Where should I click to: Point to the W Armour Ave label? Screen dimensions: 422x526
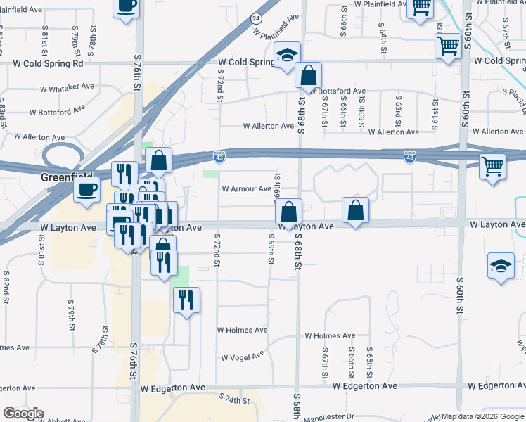[x=246, y=188]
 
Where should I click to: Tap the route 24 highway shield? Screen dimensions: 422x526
[x=257, y=18]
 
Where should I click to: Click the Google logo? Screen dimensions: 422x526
[x=23, y=414]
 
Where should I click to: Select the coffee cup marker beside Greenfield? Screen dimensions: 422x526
[x=87, y=189]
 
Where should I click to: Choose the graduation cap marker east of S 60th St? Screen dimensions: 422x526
[x=500, y=267]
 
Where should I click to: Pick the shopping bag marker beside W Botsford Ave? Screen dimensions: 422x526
[x=309, y=74]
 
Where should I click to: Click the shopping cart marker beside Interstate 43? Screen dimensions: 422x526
[x=493, y=167]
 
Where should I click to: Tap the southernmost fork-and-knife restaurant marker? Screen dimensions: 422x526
[x=186, y=300]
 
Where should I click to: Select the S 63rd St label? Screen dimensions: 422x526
[x=398, y=108]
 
